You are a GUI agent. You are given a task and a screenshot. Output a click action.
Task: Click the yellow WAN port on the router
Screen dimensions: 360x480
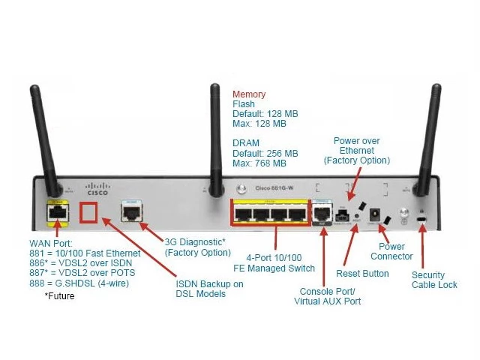coord(55,213)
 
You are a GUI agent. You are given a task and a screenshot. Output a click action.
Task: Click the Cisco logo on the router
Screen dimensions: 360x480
coord(97,188)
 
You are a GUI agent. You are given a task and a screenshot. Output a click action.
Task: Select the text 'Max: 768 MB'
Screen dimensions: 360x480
coord(259,163)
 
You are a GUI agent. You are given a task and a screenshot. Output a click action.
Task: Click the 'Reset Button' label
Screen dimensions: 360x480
coord(362,274)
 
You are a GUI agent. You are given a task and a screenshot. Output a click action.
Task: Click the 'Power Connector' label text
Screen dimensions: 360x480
coord(391,251)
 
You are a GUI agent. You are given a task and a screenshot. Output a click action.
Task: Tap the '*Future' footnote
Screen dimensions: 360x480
coord(59,295)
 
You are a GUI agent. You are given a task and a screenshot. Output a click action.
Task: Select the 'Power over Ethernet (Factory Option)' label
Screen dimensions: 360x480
coord(357,151)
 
